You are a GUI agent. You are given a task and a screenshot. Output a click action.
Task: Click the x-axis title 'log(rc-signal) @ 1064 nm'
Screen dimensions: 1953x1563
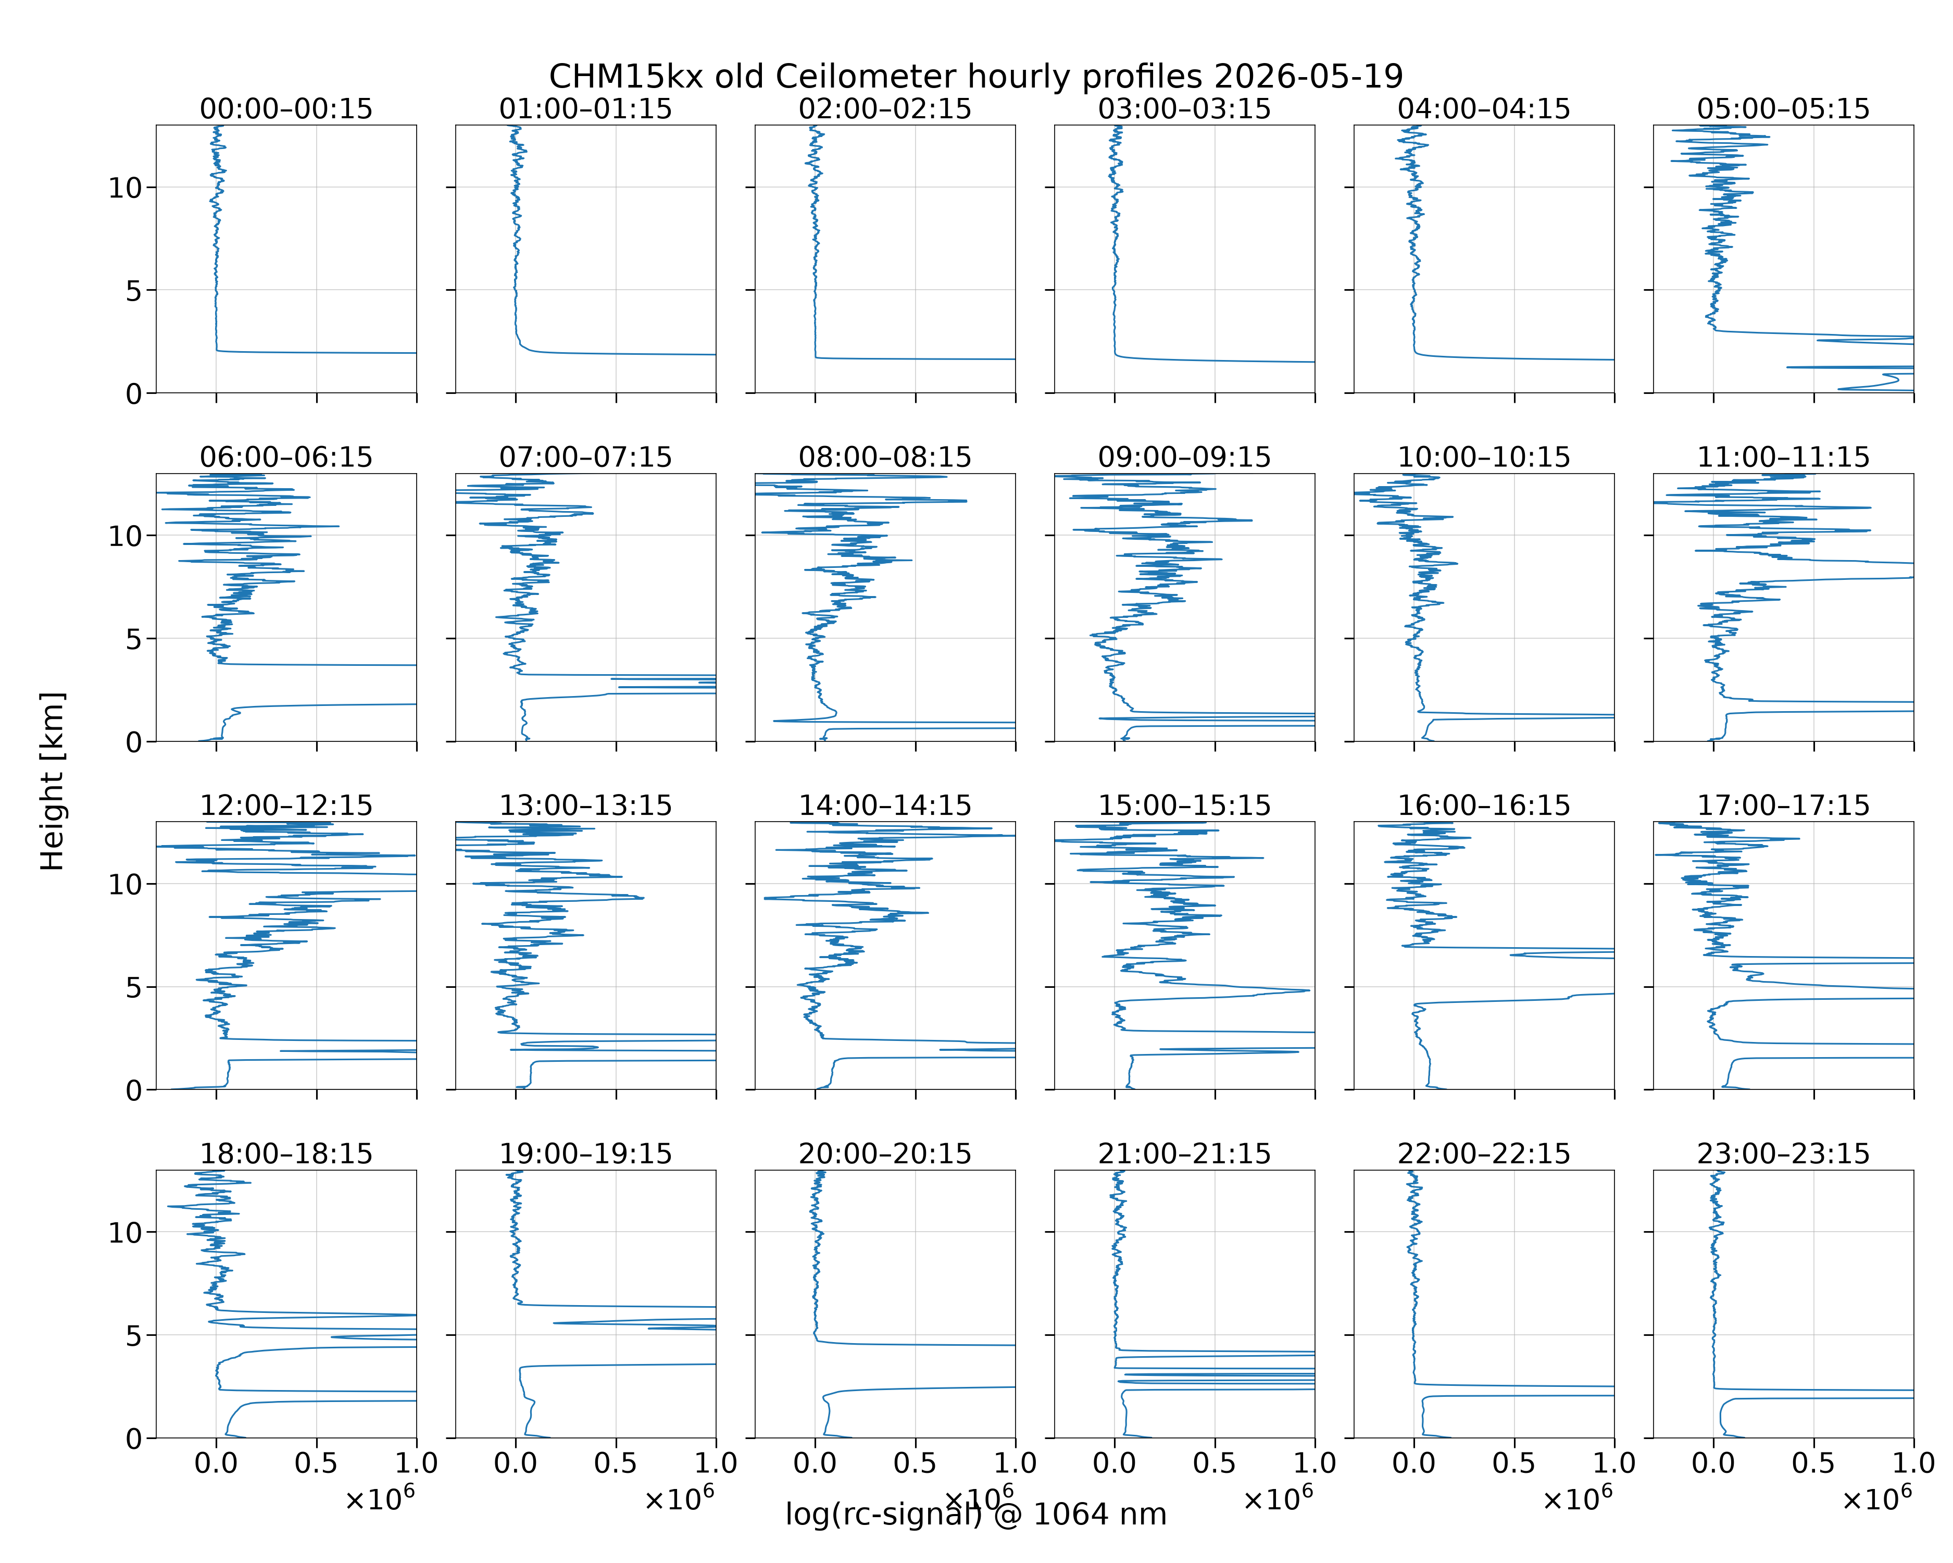point(975,1514)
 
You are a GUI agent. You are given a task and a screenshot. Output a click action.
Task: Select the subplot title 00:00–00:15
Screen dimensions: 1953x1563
point(286,109)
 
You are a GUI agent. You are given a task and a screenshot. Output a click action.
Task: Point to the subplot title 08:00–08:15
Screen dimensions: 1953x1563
point(885,457)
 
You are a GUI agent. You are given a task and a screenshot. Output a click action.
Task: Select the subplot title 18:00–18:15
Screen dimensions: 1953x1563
point(286,1153)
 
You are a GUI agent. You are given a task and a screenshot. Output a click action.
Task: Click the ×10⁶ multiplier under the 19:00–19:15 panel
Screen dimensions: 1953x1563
point(679,1498)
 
